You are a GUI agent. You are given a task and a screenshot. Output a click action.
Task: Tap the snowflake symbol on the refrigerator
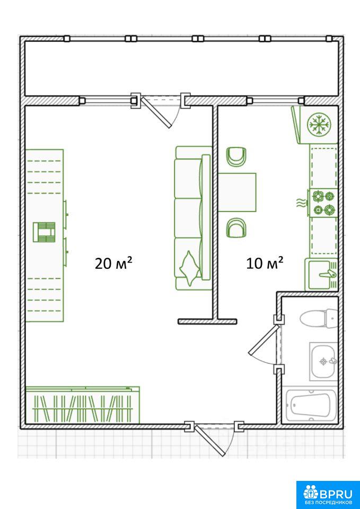click(x=319, y=124)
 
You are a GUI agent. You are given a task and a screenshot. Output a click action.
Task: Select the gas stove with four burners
click(x=323, y=203)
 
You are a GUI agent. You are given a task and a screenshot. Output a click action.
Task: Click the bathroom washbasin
click(x=323, y=361)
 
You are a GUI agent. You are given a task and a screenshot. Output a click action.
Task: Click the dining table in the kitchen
click(x=237, y=192)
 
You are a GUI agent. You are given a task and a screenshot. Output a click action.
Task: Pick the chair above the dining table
click(x=236, y=157)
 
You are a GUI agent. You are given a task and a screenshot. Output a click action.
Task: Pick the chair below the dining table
click(x=236, y=228)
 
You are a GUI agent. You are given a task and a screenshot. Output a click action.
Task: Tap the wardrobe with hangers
click(x=83, y=405)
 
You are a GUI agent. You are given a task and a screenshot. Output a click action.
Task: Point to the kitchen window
click(x=276, y=100)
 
